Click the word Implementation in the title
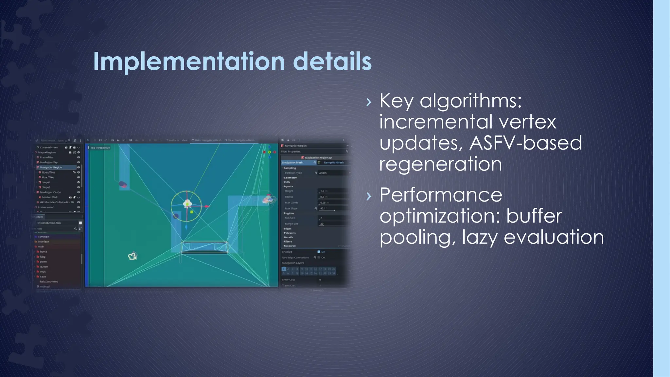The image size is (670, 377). (189, 62)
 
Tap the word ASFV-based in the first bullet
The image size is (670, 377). (526, 143)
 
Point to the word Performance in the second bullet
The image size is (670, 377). (441, 195)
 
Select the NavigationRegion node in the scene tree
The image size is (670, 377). (51, 167)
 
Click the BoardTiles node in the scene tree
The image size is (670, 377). (48, 172)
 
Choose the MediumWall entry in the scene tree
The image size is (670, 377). (50, 197)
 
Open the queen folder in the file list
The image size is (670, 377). (44, 267)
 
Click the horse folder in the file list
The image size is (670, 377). (44, 252)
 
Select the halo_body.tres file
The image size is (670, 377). (49, 281)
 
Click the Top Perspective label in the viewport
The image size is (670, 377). (100, 148)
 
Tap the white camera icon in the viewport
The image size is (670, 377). (132, 256)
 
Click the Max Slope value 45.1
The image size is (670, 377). (332, 208)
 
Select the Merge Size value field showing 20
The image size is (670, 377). (332, 224)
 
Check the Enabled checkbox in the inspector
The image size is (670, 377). (319, 252)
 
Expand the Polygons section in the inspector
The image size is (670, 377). (290, 233)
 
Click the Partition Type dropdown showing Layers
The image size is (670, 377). (332, 173)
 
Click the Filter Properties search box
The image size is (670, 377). (312, 152)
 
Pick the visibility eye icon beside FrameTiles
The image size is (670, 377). (79, 157)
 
